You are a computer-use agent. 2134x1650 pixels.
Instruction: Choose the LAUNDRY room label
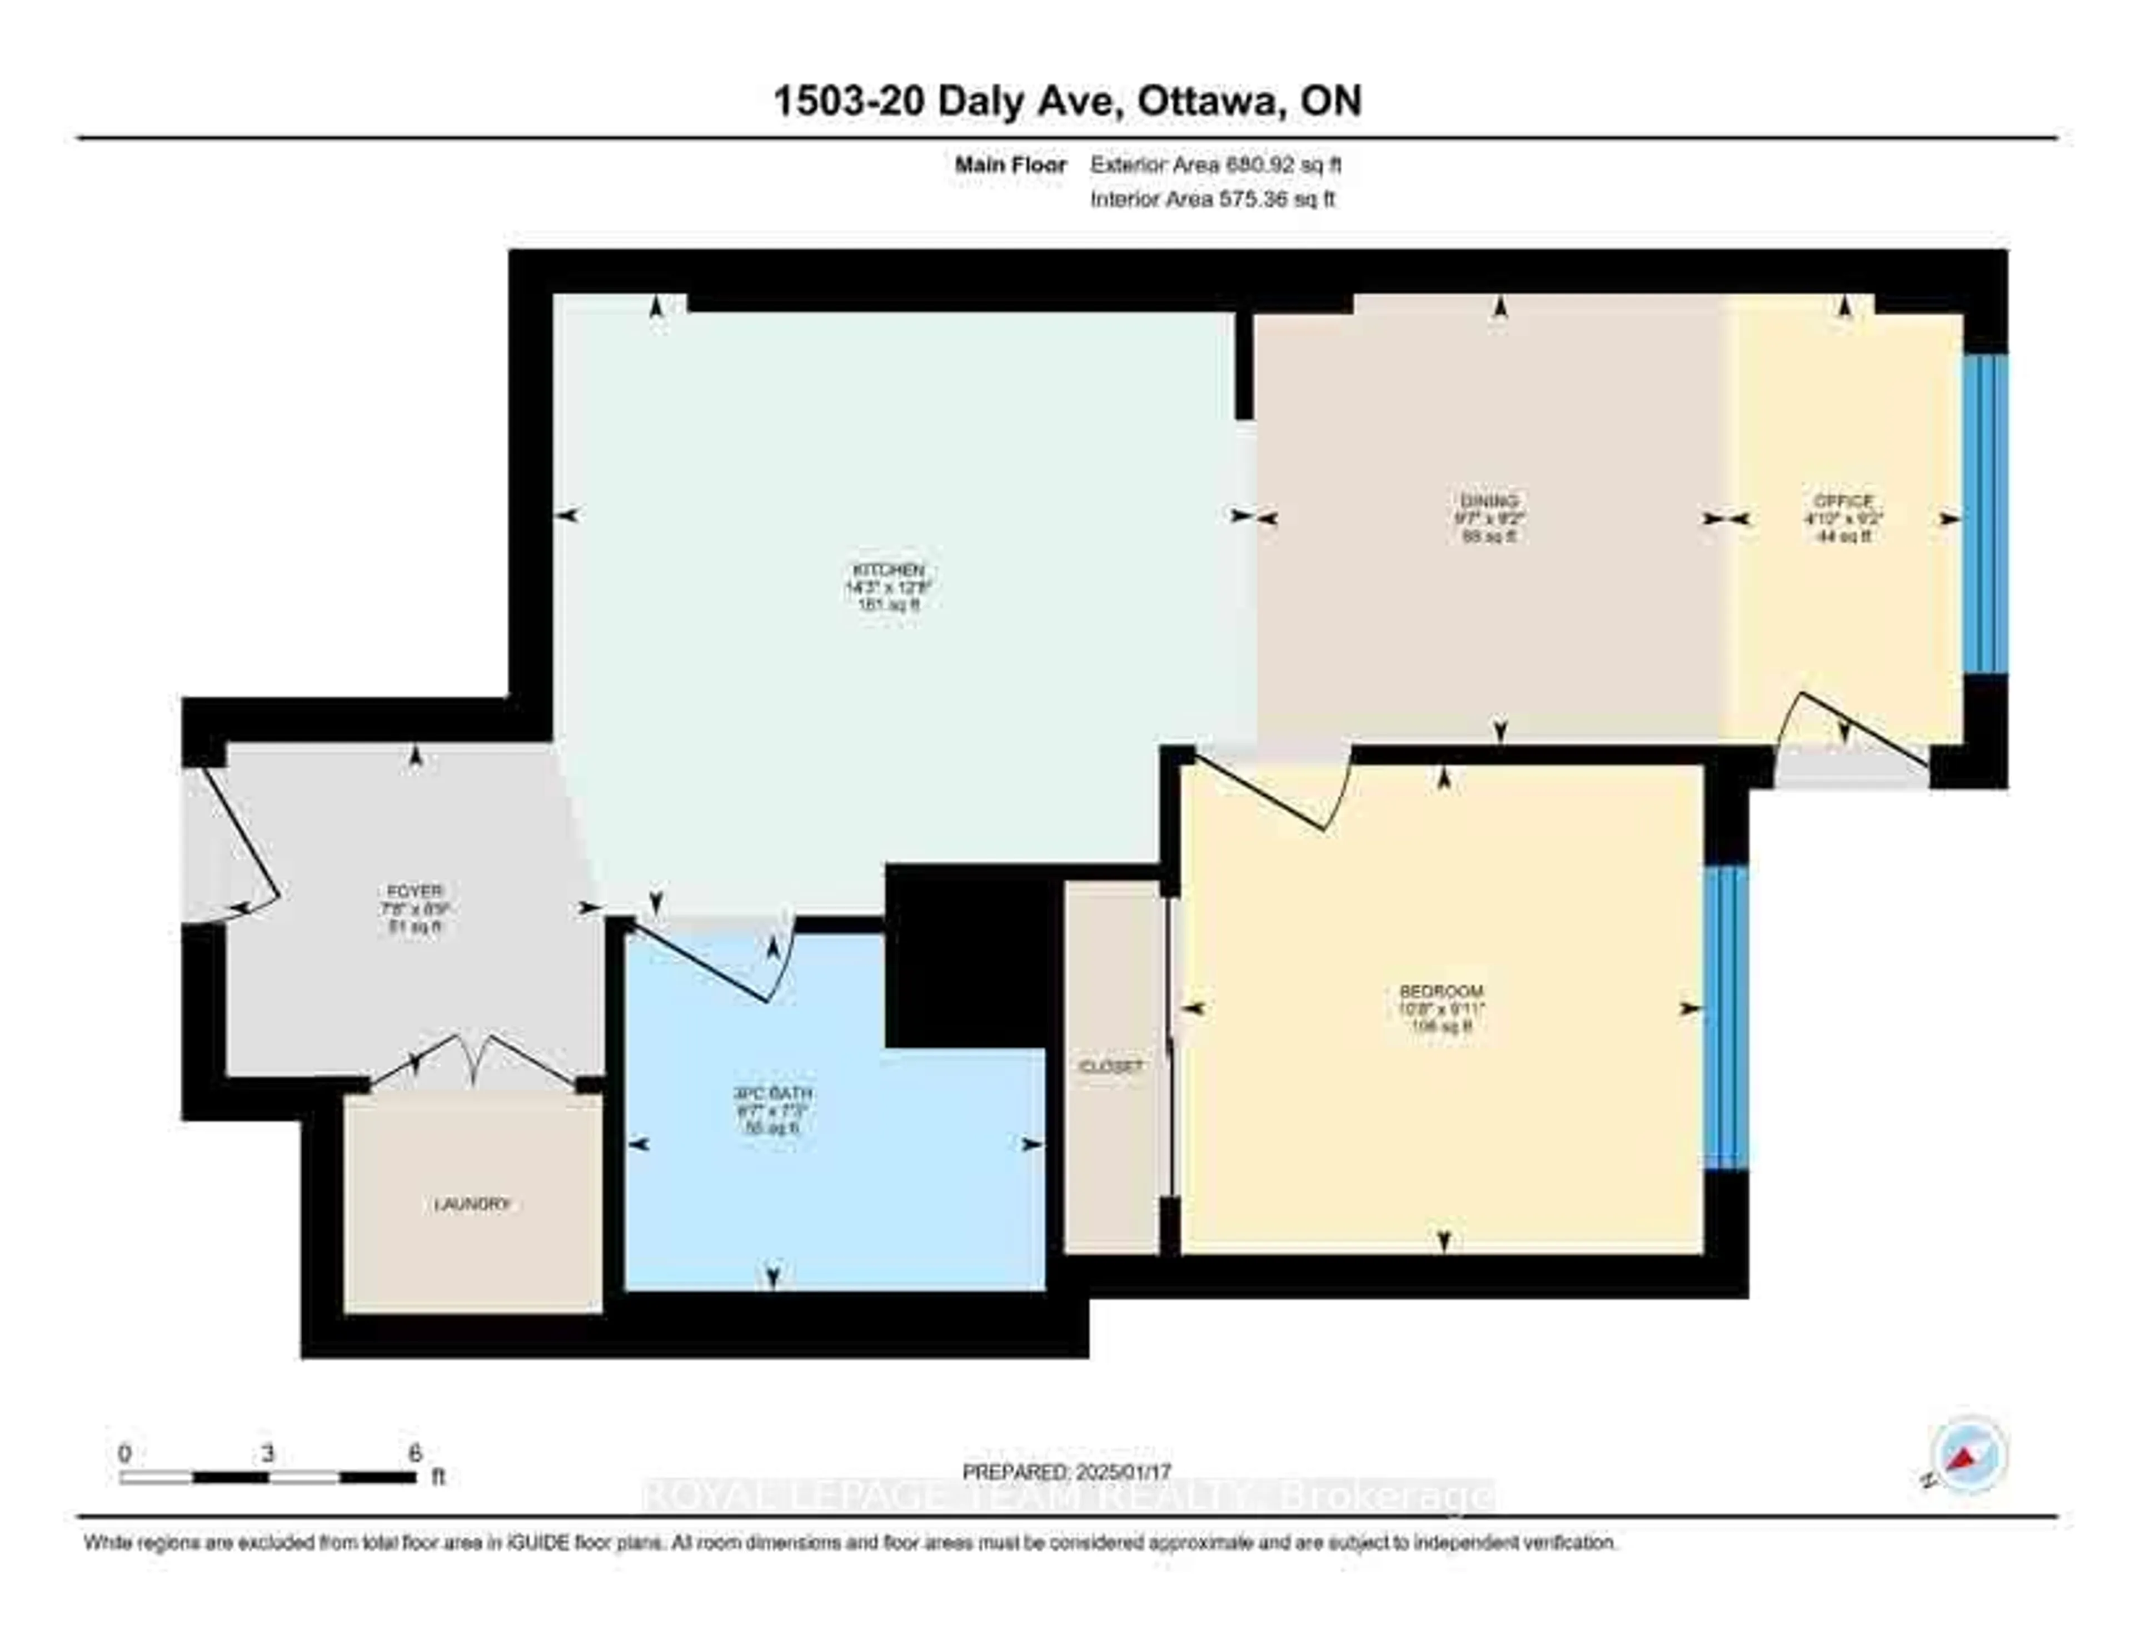point(472,1204)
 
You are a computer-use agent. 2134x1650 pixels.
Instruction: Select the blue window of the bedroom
point(1726,1017)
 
